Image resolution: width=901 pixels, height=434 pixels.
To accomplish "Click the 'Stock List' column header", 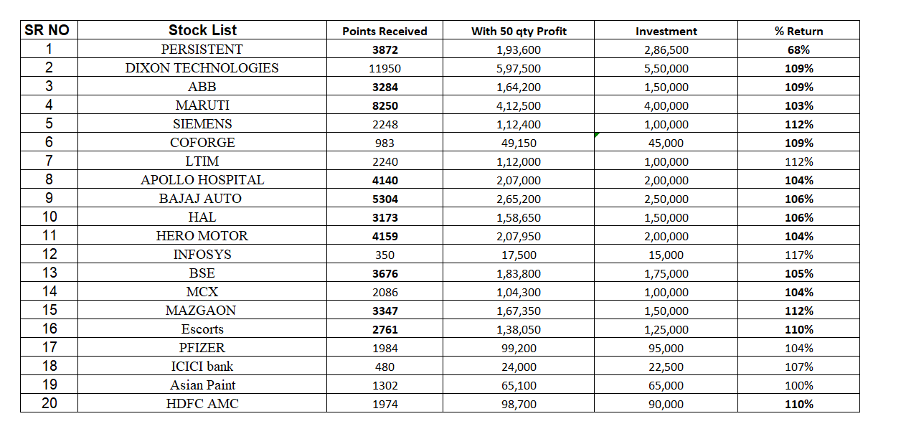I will coord(202,30).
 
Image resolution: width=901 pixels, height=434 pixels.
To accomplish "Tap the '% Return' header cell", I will coord(798,32).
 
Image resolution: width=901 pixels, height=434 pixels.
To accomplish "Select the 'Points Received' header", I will coord(385,32).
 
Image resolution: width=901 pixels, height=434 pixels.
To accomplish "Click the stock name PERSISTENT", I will coord(202,49).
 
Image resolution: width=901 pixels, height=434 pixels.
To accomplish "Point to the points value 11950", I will coord(385,69).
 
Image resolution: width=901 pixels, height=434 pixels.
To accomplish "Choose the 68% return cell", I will coord(798,50).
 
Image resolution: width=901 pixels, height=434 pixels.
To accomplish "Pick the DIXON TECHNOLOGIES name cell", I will coord(202,68).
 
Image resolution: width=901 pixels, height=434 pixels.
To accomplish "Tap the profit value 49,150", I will coord(519,143).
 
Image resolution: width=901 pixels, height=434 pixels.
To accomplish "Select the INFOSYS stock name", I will coord(202,255).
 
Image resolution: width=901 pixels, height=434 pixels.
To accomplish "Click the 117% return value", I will coord(798,255).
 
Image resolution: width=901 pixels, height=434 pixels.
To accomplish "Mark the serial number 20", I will coord(49,403).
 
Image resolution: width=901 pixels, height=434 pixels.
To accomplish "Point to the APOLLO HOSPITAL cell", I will coord(202,180).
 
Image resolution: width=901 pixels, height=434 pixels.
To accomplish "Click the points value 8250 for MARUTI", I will coord(385,106).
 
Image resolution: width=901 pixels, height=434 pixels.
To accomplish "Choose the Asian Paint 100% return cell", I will coord(798,386).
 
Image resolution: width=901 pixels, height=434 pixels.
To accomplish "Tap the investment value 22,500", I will coord(666,367).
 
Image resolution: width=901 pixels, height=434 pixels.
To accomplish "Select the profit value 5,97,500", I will coord(519,69).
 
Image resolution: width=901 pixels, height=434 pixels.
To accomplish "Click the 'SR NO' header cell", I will coord(49,30).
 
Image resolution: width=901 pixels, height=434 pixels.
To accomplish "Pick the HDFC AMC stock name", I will coord(202,404).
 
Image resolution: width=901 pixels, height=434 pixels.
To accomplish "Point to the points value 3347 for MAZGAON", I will coord(385,311).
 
